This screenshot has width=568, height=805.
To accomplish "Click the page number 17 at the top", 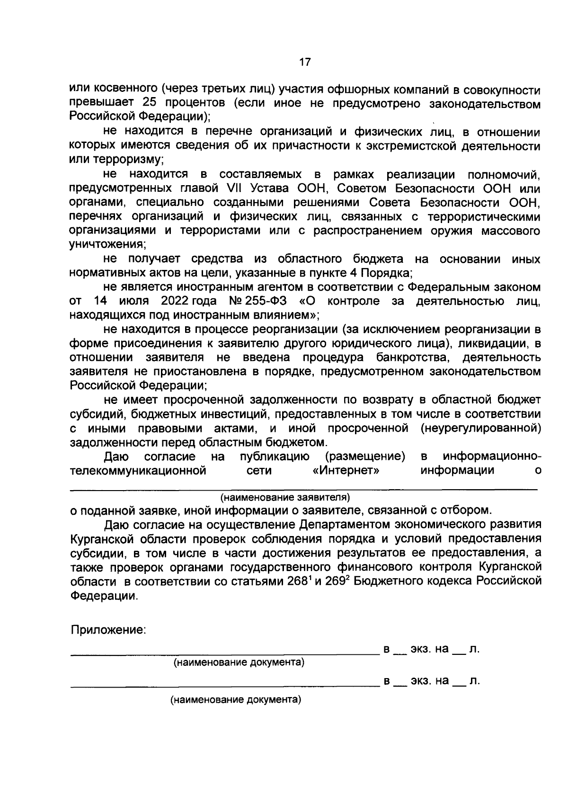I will (304, 62).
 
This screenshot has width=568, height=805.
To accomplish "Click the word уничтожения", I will (107, 245).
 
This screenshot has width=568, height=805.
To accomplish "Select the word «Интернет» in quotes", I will (347, 470).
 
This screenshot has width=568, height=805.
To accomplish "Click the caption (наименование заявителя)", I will (285, 497).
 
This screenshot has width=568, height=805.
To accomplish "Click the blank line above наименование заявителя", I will (303, 488).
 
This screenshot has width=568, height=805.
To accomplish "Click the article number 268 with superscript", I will (297, 581).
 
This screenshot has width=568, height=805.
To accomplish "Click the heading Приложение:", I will (108, 630).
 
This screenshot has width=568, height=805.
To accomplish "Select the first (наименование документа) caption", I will (239, 662).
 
